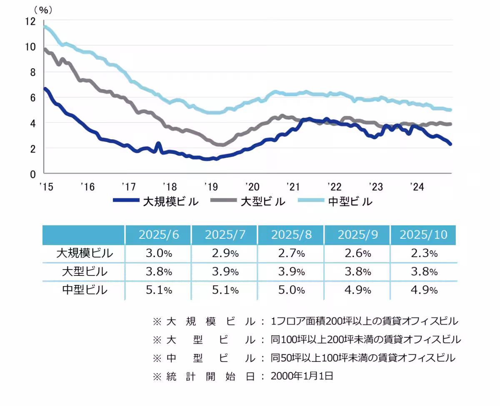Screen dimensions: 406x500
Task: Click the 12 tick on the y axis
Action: coord(31,21)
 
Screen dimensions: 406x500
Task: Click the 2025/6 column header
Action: coord(158,235)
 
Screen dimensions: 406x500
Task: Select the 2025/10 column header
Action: coord(423,235)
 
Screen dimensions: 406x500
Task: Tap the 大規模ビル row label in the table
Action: coord(85,253)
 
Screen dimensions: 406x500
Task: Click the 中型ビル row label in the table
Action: coord(85,290)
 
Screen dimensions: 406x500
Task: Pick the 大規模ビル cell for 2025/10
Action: coord(423,253)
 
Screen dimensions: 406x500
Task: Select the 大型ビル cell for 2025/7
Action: coord(224,272)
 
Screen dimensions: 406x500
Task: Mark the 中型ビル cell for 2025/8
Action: coord(291,290)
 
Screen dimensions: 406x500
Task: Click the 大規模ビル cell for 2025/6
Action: coord(158,253)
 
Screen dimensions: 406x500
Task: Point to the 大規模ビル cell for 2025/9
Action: coord(357,253)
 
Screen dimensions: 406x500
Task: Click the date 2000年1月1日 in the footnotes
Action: coord(302,376)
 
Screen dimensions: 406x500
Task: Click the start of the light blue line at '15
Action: coord(45,27)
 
